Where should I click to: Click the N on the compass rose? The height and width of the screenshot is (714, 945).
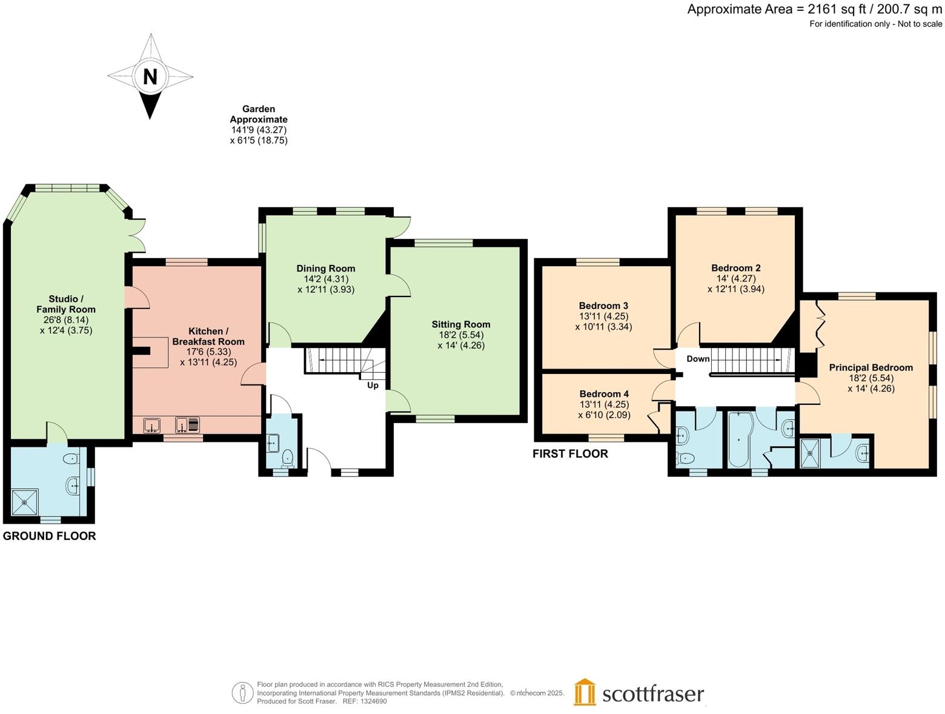(150, 77)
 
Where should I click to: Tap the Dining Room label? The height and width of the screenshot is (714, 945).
(325, 269)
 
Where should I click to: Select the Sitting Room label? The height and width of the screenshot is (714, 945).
(460, 324)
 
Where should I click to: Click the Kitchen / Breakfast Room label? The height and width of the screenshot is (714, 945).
(208, 336)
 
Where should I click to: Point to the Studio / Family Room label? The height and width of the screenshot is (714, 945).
(66, 304)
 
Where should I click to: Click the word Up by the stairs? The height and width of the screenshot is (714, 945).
(373, 385)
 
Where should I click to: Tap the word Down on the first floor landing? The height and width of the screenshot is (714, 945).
(698, 359)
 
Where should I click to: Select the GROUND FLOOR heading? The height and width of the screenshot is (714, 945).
(50, 536)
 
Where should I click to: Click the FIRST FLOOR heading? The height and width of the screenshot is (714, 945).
(570, 453)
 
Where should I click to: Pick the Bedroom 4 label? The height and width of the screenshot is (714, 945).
(604, 394)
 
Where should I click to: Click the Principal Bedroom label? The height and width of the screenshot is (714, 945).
(870, 367)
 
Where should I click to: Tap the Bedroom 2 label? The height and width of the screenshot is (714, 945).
(735, 268)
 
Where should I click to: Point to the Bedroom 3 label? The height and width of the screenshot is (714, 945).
(603, 305)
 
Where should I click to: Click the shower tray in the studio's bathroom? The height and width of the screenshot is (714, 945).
(25, 502)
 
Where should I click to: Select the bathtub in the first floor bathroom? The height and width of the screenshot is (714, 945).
(738, 447)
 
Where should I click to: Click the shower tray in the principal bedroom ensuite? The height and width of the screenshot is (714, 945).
(810, 453)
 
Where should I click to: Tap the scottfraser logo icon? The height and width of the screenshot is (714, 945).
(585, 692)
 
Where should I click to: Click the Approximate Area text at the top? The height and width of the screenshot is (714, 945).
(814, 9)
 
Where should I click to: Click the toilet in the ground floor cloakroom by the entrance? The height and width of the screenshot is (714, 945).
(288, 458)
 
